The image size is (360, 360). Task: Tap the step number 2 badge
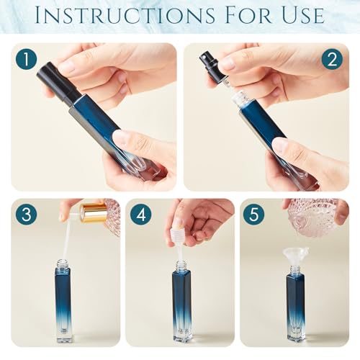click(333, 60)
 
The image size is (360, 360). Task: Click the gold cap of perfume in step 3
click(92, 212)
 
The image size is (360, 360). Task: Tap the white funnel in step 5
click(293, 251)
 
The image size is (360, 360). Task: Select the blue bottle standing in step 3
click(63, 302)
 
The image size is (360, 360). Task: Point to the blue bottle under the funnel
click(295, 306)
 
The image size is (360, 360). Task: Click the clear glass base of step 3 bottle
click(63, 333)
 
